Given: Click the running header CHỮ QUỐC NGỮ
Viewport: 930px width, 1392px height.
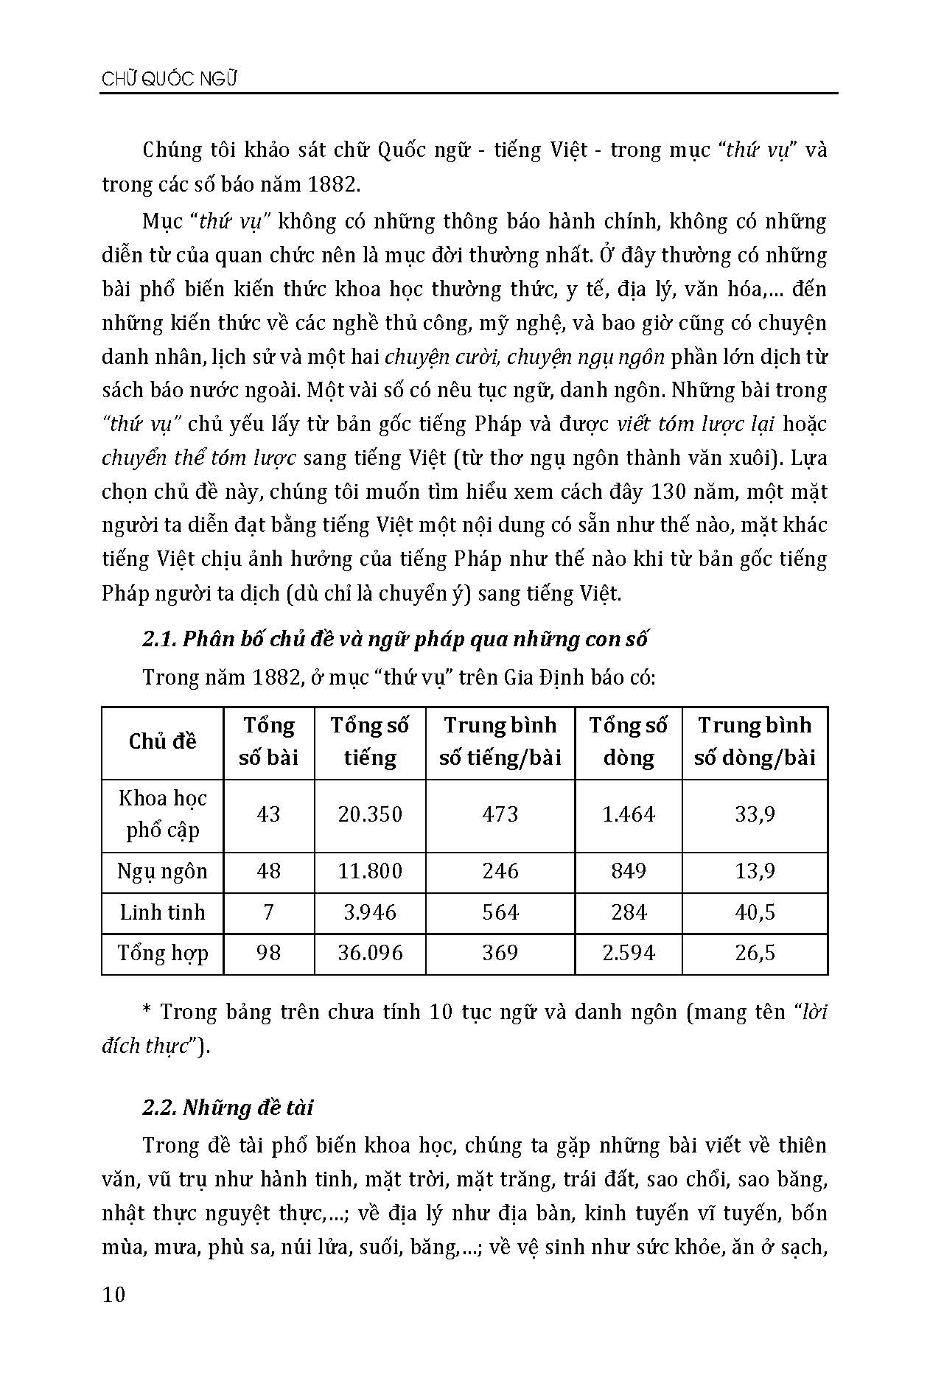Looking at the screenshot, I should tap(169, 80).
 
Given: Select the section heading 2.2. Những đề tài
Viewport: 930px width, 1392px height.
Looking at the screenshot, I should tap(228, 1107).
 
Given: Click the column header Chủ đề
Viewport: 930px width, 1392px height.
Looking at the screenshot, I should tap(162, 741).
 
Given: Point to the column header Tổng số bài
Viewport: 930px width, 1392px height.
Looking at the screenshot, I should tap(268, 741).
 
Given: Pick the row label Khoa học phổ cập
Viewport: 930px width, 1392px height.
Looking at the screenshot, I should tap(162, 814).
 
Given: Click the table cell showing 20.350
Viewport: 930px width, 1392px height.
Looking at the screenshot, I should tap(370, 814).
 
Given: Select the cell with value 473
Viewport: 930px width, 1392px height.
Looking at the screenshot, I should tap(500, 814).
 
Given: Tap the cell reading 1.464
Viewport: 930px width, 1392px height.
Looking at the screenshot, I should tap(628, 814).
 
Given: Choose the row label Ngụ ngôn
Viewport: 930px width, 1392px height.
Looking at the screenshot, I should tap(162, 872).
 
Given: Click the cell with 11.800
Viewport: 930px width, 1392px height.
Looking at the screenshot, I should tap(370, 872).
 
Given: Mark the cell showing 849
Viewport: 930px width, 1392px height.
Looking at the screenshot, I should tap(628, 872).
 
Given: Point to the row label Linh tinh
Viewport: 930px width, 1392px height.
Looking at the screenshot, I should tap(162, 912).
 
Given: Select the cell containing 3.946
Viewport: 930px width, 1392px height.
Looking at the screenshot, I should tap(370, 912).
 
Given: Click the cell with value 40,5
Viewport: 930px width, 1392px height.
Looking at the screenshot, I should tap(755, 912).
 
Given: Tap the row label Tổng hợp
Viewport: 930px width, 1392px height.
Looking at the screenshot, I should tap(162, 953).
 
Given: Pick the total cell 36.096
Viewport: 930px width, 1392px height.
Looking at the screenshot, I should tap(370, 953).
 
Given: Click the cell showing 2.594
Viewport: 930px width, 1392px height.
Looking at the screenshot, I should tap(628, 953).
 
